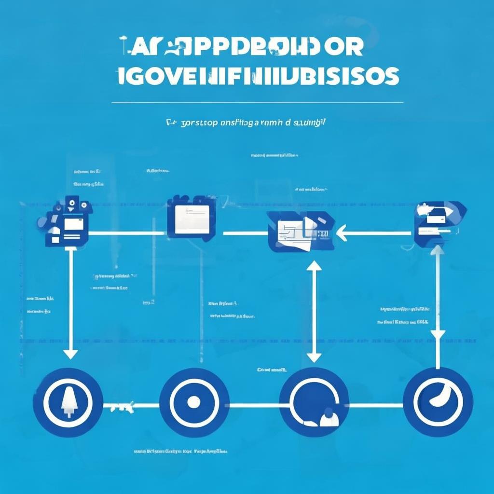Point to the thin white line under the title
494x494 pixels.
pos(257,103)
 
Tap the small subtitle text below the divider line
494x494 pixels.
pos(246,123)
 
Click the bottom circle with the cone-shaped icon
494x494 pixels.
pos(68,402)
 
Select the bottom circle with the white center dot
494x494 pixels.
pos(193,402)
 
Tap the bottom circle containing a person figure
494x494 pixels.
pos(314,403)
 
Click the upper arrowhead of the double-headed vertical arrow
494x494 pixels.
pos(314,266)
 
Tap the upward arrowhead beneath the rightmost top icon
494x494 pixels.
pos(438,250)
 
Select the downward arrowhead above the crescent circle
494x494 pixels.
pos(438,335)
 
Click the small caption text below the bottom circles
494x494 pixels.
pos(180,452)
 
